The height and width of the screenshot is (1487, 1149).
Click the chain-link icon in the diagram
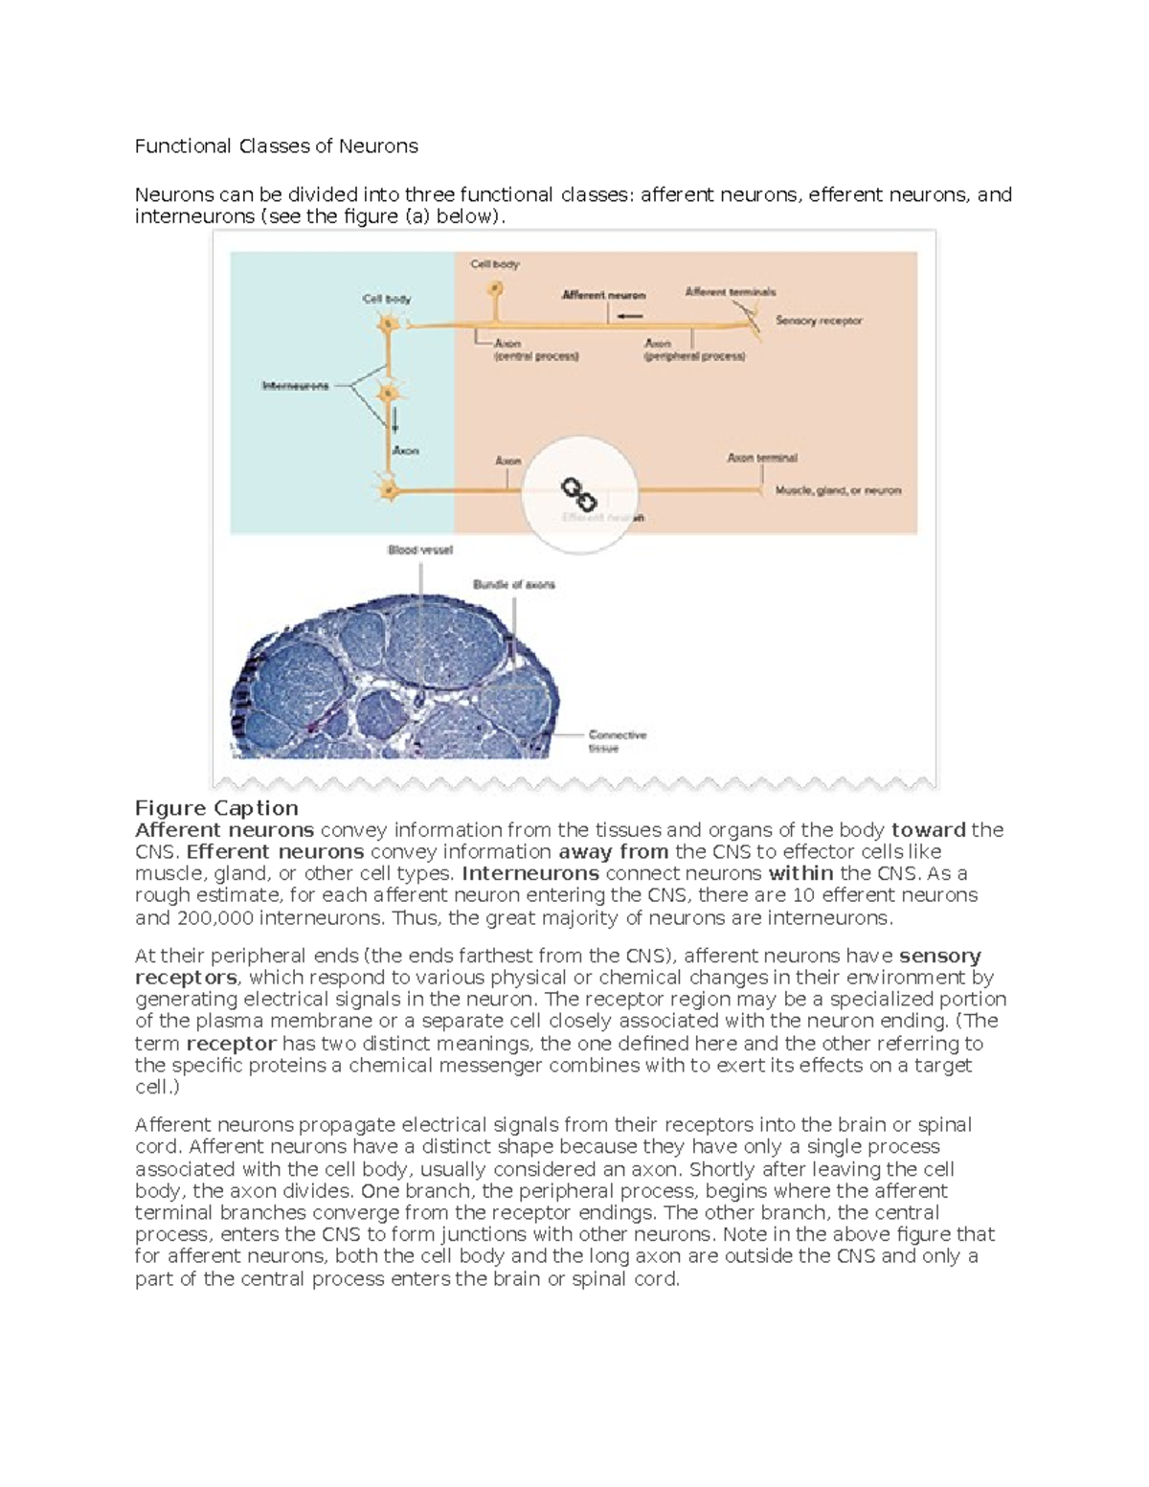point(578,494)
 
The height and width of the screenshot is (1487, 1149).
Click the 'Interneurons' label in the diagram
point(295,386)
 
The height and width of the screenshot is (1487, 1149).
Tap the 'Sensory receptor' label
point(819,321)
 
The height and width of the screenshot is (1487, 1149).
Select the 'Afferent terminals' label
point(731,292)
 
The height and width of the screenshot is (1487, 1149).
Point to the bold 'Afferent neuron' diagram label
point(603,295)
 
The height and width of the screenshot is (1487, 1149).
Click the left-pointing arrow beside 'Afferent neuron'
point(630,316)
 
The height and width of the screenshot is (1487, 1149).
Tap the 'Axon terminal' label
point(762,458)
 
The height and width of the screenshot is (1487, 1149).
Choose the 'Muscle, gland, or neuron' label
point(838,490)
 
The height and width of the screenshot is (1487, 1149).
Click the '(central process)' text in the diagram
point(536,356)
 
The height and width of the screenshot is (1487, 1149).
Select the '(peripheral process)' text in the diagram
point(694,356)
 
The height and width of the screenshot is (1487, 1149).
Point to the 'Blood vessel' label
point(419,550)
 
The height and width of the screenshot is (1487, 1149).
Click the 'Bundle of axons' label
point(513,584)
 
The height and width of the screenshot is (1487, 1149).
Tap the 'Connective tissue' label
point(617,741)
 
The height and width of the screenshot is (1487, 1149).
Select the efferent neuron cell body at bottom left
point(389,491)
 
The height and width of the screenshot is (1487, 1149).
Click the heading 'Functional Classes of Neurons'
point(276,146)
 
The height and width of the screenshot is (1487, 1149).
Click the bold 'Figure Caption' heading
point(216,808)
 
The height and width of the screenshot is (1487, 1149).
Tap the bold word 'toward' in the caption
point(928,830)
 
